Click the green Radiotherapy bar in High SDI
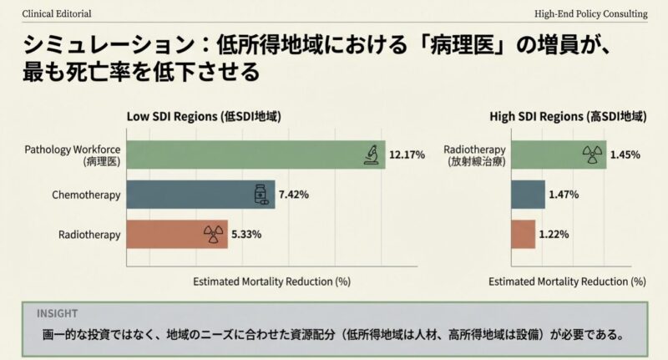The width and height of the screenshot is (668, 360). click(558, 155)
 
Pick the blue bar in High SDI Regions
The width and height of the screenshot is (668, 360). click(528, 195)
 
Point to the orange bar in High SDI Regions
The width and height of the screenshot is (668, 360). click(523, 234)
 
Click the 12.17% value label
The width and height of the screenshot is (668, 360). click(408, 155)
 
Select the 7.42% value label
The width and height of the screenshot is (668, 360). click(294, 195)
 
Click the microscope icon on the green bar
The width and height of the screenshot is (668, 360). click(371, 155)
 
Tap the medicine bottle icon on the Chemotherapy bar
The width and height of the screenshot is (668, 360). click(262, 195)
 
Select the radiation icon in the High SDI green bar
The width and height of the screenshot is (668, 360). click(592, 155)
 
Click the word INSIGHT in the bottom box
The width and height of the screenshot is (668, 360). click(57, 313)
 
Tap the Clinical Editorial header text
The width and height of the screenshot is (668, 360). click(58, 14)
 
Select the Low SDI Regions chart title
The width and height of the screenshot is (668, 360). click(204, 116)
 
